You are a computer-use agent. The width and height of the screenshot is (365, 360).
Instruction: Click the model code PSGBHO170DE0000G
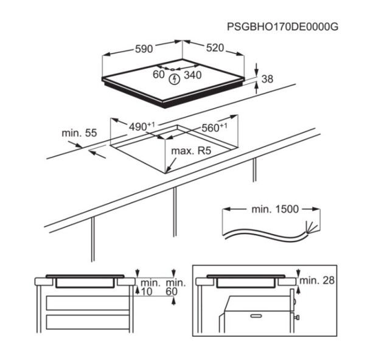tap(283, 27)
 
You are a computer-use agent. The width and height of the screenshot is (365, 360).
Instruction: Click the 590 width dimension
tap(144, 49)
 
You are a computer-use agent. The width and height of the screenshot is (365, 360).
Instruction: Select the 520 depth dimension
tap(215, 48)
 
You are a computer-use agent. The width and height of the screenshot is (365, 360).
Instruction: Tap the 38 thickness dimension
tap(267, 79)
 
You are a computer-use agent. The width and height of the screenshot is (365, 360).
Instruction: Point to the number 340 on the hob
tap(193, 75)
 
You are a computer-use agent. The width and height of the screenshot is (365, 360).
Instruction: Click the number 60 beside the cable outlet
tap(159, 74)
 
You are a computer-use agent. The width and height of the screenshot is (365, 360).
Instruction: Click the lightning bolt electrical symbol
tap(175, 79)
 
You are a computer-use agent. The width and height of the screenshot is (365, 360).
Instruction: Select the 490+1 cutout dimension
tap(142, 126)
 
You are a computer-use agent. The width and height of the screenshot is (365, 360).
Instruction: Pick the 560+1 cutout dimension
tap(214, 128)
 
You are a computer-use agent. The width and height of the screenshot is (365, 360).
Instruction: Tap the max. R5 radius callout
tap(191, 151)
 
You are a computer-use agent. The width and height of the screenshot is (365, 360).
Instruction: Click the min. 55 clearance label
tap(79, 133)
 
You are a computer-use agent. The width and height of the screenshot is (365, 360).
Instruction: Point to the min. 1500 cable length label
tap(275, 209)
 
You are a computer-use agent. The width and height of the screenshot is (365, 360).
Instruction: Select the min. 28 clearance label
tap(317, 280)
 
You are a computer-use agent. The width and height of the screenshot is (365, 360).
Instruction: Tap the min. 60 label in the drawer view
tap(176, 287)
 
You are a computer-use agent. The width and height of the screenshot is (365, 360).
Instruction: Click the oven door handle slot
tap(256, 316)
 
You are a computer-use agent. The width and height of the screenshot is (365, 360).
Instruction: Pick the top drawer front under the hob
tap(88, 303)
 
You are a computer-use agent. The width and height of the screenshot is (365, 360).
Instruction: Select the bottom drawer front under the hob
tap(88, 322)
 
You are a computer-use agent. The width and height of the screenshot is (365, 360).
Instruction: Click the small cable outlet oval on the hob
tap(172, 69)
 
